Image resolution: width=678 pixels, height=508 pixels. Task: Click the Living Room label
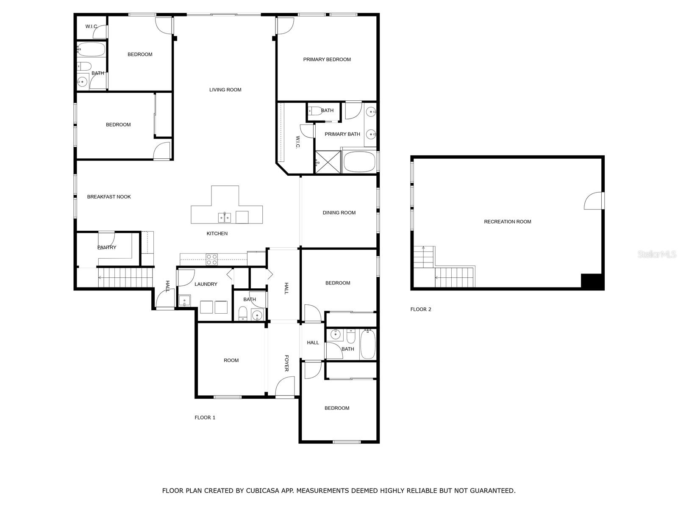(225, 90)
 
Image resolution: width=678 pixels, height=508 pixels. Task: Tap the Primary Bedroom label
(327, 60)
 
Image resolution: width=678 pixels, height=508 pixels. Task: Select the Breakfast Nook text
(109, 197)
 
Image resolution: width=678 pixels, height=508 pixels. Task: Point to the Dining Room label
(339, 213)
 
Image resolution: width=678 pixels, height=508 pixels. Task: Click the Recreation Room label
(507, 221)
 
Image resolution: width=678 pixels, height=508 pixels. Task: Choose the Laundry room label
(206, 284)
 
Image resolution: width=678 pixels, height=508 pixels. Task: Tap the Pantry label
(106, 247)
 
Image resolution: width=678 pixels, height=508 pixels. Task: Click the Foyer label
(286, 363)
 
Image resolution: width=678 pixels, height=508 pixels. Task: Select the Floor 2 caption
(420, 309)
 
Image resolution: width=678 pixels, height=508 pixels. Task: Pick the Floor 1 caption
(205, 418)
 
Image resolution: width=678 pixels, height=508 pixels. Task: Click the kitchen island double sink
(225, 218)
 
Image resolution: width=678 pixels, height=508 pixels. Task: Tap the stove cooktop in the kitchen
(211, 260)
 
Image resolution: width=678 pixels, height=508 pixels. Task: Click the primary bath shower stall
(328, 162)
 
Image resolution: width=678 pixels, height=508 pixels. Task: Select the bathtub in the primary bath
(359, 162)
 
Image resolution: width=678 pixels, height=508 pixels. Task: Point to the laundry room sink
(184, 301)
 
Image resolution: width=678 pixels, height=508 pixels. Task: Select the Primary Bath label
(342, 134)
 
